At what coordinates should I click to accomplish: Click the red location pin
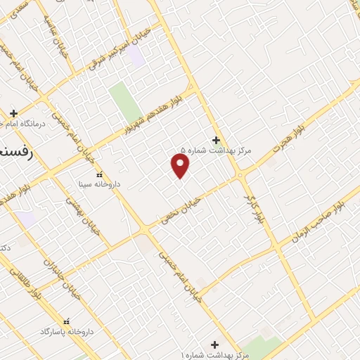pyautogui.click(x=181, y=165)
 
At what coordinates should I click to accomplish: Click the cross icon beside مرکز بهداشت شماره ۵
pyautogui.click(x=216, y=139)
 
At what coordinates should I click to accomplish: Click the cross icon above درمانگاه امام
pyautogui.click(x=14, y=112)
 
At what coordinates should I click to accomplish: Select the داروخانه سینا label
pyautogui.click(x=99, y=184)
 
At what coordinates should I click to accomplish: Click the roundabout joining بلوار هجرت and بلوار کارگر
pyautogui.click(x=240, y=175)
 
